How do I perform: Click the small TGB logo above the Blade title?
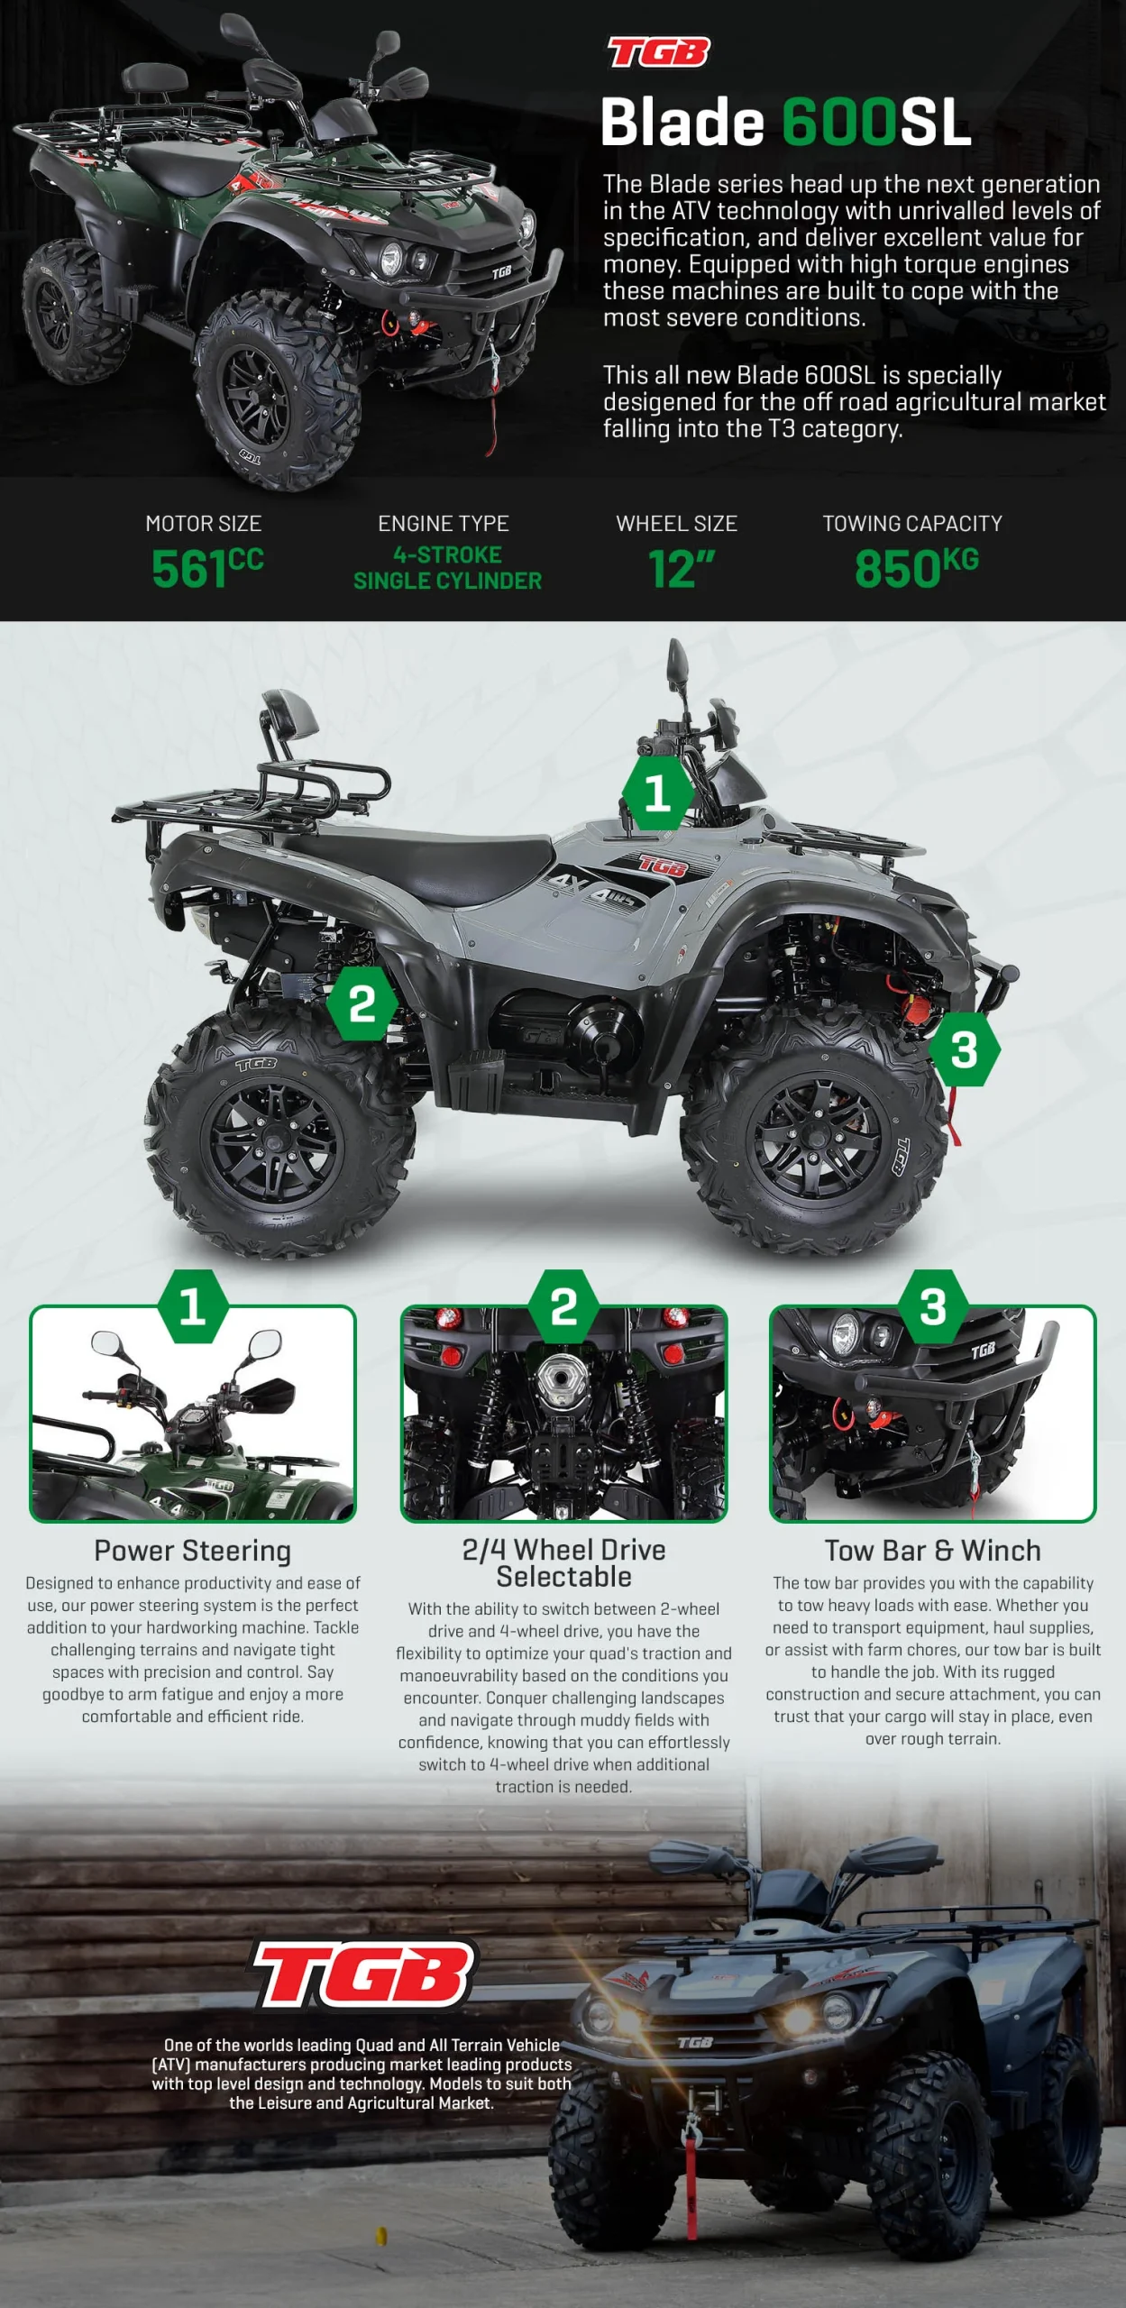[x=659, y=52]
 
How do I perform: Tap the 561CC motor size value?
[x=207, y=567]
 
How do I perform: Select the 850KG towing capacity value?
[x=916, y=567]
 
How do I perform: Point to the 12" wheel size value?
[x=682, y=568]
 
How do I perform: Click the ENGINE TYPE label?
[x=444, y=523]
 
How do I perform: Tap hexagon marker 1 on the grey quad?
[x=657, y=792]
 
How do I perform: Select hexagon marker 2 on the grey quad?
[x=362, y=1003]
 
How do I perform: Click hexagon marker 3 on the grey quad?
[x=964, y=1049]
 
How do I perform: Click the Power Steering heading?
[x=193, y=1550]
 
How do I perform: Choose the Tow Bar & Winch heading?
[x=933, y=1550]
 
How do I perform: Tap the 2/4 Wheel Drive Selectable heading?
[x=564, y=1562]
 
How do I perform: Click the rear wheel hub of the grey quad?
[x=272, y=1143]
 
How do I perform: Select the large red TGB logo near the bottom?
[x=364, y=1974]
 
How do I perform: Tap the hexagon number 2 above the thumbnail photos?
[x=563, y=1306]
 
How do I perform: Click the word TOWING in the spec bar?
[x=867, y=523]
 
